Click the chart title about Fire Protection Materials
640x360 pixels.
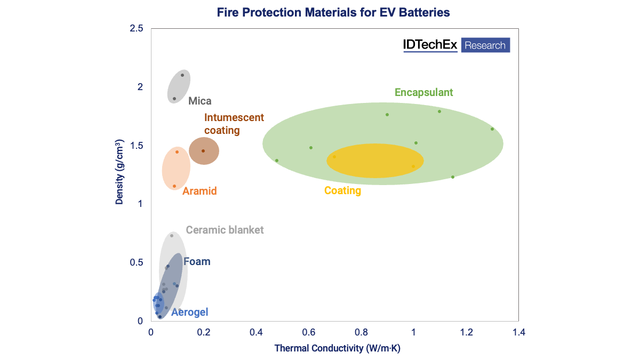333,12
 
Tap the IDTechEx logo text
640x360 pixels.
430,45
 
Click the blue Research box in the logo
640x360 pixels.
485,45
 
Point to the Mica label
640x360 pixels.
200,101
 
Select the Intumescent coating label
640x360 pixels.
234,124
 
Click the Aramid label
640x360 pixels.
199,191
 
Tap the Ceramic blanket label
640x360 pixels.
225,230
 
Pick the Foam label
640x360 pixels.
197,261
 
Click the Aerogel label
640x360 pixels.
189,312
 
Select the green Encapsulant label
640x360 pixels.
423,92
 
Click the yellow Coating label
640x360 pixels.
342,190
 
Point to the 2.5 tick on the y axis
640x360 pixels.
136,28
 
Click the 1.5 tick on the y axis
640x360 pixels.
136,146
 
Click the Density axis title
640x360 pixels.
120,174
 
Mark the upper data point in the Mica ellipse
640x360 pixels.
182,75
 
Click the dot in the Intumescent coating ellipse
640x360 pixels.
203,151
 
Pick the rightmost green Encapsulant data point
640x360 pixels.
492,129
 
